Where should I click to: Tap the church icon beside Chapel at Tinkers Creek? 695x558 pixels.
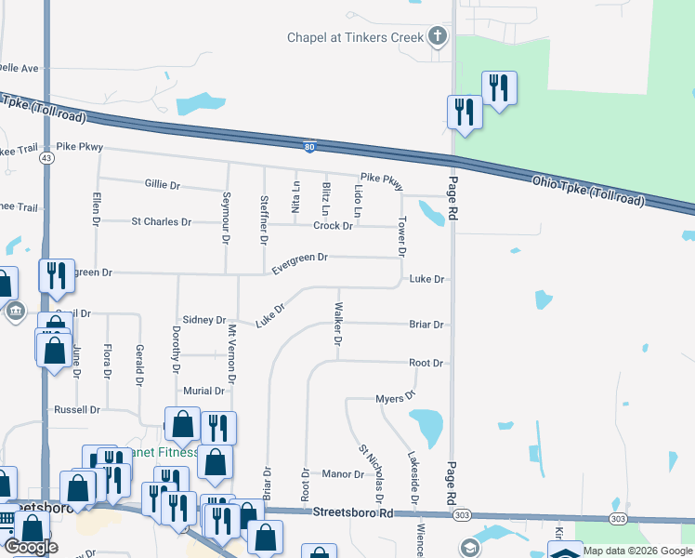(x=438, y=38)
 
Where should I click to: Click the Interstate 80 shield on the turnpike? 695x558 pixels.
(x=309, y=146)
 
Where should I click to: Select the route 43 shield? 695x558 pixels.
(x=46, y=159)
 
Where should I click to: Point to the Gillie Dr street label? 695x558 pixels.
(x=162, y=185)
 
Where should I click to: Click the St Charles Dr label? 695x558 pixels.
(x=161, y=222)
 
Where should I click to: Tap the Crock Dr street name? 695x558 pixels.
(x=333, y=226)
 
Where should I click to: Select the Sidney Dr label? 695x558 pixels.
(x=204, y=320)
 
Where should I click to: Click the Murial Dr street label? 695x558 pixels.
(x=204, y=392)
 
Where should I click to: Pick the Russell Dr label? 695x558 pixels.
(x=76, y=409)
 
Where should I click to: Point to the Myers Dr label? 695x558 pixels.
(x=395, y=399)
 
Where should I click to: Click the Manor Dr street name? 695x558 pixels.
(x=343, y=474)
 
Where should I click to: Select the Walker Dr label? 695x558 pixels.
(x=338, y=325)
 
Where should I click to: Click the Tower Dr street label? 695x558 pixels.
(x=402, y=237)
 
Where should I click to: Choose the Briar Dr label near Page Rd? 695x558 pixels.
(x=426, y=325)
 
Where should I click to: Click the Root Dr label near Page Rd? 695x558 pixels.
(x=426, y=363)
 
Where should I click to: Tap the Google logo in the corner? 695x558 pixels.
(x=31, y=547)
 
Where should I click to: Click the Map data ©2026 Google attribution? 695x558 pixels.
(x=637, y=551)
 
